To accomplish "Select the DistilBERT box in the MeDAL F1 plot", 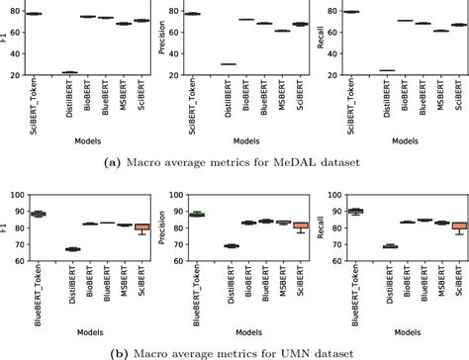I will point(70,72).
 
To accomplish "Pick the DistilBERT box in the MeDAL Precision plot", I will point(228,64).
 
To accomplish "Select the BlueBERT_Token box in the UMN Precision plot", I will point(194,214).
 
